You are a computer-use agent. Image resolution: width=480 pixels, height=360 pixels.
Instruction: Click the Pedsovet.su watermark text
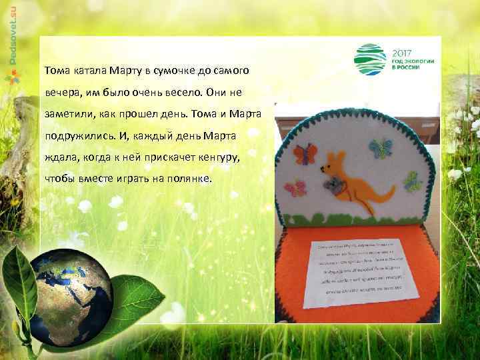[13, 33]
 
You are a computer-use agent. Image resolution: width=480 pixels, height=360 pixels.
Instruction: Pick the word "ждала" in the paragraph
[59, 157]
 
